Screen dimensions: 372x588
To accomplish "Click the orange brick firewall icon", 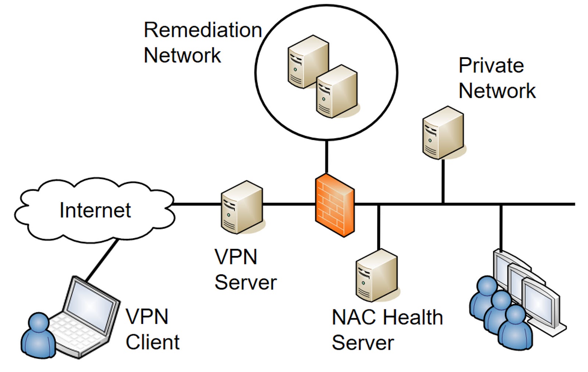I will tap(335, 206).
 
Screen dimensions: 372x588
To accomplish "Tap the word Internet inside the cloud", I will tap(95, 210).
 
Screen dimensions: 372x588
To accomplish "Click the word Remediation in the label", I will tap(202, 30).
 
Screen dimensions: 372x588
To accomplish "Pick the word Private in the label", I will tap(491, 66).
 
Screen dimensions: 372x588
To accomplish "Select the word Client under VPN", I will tap(153, 342).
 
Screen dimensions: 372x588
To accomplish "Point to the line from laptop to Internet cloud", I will tap(101, 260).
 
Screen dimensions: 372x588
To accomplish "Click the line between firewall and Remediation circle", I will tap(326, 157).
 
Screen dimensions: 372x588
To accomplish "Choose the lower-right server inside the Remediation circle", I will tap(337, 92).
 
